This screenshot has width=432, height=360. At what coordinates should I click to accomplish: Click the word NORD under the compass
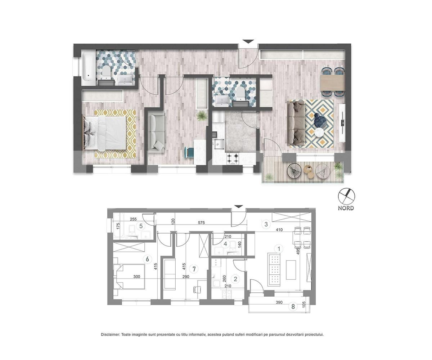[x=346, y=208]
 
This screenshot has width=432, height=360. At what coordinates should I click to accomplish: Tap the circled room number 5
[x=141, y=226]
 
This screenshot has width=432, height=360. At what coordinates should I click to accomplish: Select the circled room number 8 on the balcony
[x=293, y=307]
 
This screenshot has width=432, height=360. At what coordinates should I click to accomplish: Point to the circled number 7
[x=194, y=269]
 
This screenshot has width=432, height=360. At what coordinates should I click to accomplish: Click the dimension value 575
[x=201, y=223]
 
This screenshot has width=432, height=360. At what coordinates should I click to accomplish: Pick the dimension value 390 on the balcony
[x=279, y=303]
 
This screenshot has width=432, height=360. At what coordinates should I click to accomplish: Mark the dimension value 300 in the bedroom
[x=136, y=277]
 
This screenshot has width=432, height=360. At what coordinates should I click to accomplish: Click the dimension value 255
[x=133, y=219]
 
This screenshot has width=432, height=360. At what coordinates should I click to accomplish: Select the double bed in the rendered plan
[x=104, y=133]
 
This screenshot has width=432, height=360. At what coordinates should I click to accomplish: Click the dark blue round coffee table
[x=320, y=120]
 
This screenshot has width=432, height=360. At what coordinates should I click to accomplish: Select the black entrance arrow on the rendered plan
[x=248, y=42]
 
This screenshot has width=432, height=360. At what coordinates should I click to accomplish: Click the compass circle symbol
[x=346, y=197]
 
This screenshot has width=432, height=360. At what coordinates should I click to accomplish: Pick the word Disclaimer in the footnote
[x=110, y=334]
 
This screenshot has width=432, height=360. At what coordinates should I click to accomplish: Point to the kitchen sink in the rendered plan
[x=218, y=144]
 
